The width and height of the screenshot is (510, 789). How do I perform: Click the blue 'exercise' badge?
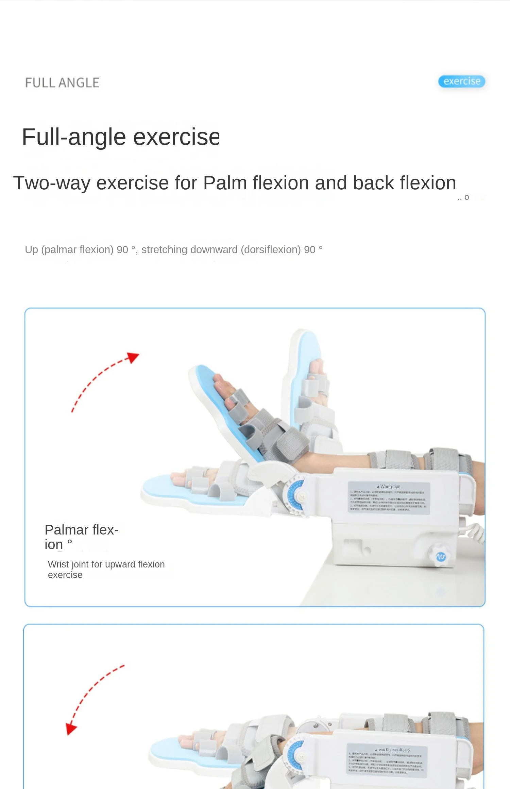[x=461, y=81]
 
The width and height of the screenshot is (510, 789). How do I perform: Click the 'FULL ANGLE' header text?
[x=62, y=83]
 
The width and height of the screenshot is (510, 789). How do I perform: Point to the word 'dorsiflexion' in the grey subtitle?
[x=271, y=250]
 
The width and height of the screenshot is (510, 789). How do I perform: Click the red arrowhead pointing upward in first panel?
[x=133, y=357]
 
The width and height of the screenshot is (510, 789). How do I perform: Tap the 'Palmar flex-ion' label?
[x=81, y=537]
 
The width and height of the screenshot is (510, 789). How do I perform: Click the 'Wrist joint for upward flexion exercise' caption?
[x=106, y=569]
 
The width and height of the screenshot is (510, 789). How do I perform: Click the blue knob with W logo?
[x=441, y=557]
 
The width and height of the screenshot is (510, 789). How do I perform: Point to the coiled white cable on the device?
[x=475, y=532]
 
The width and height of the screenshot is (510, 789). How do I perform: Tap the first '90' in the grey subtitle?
[x=122, y=250]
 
